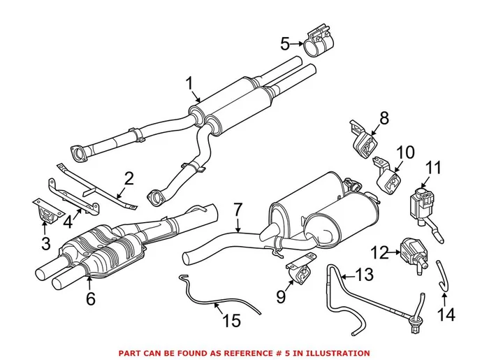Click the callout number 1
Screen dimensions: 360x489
[189, 85]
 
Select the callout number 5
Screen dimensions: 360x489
[285, 44]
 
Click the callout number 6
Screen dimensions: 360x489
[89, 299]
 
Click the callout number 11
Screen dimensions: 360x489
[435, 168]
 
